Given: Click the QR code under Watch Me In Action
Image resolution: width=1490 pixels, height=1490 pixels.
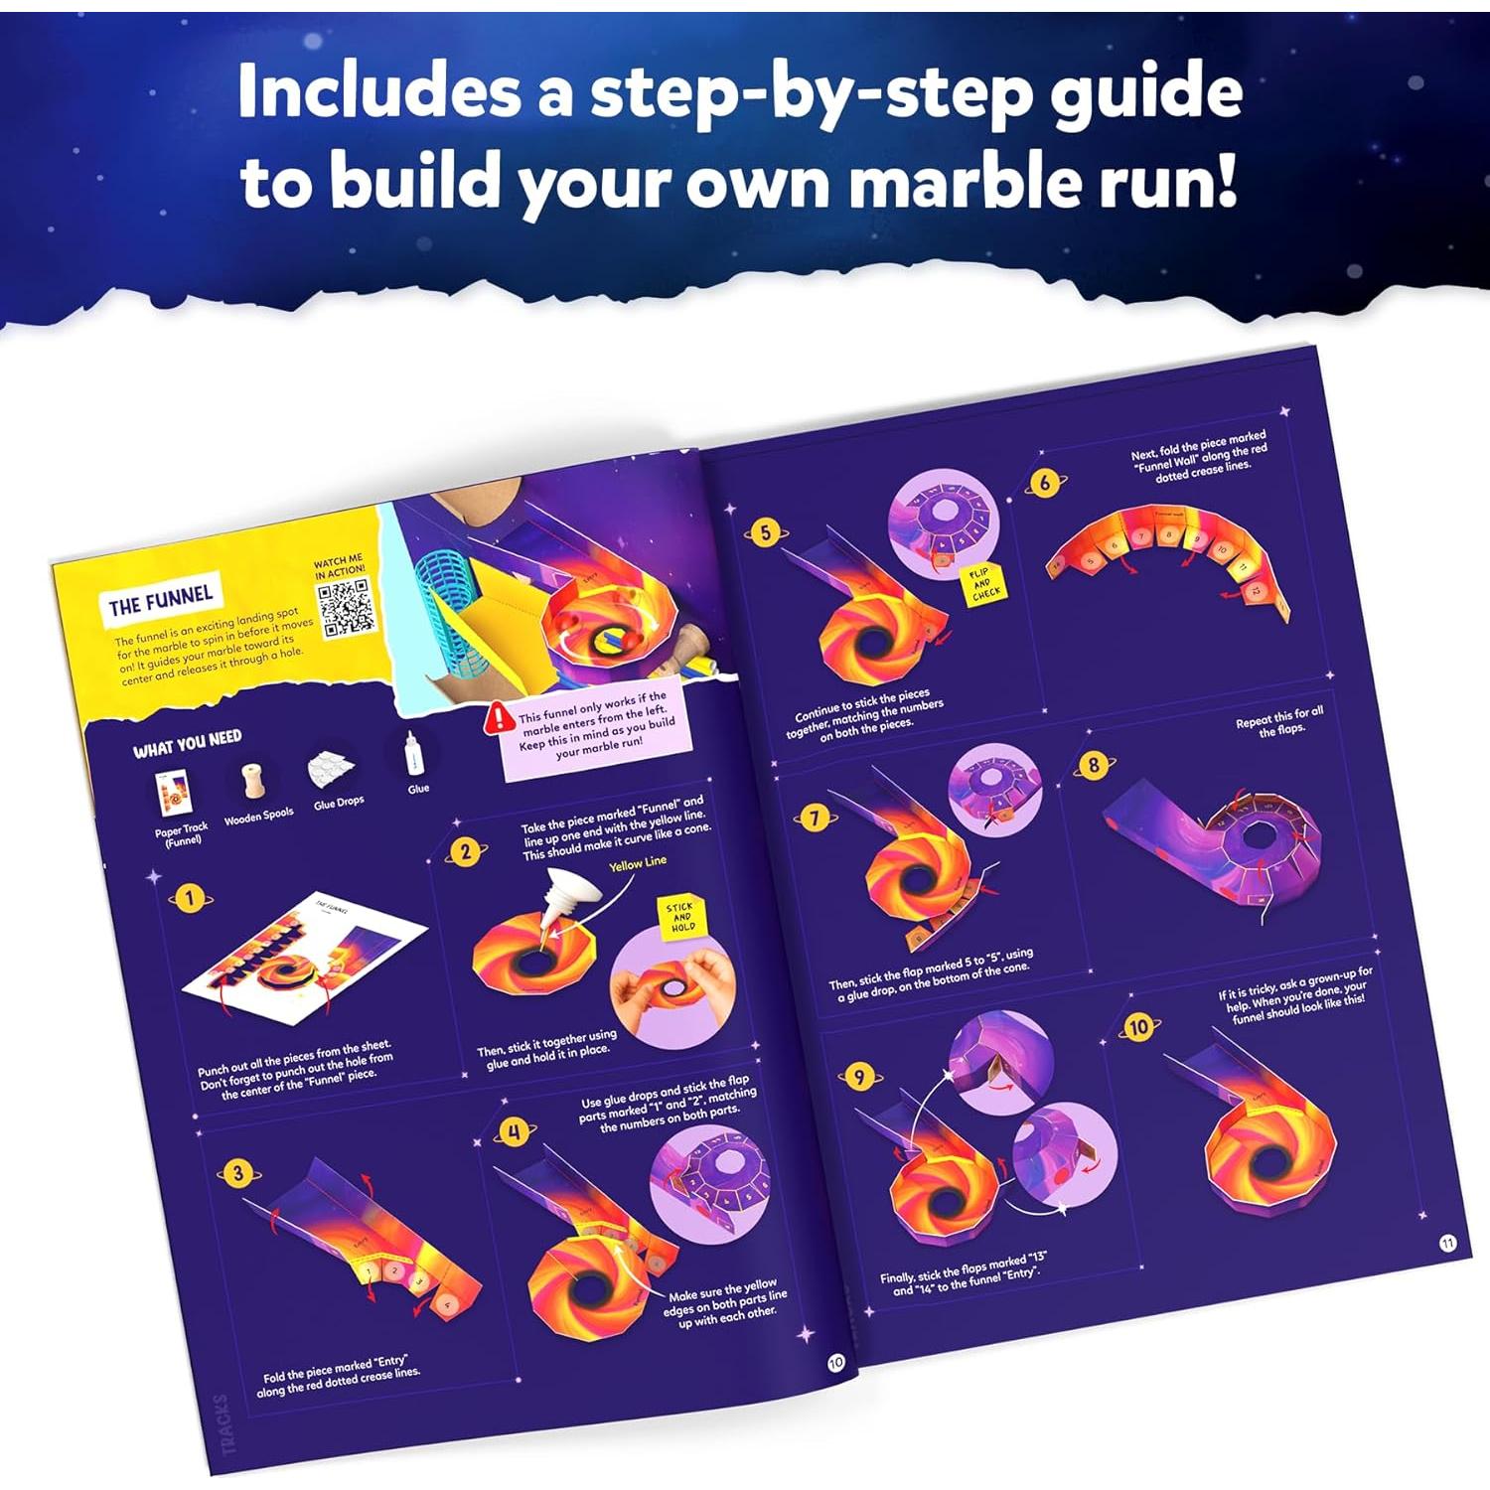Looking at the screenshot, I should coord(346,608).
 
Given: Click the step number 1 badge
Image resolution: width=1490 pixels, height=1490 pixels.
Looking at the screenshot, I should coord(189,899).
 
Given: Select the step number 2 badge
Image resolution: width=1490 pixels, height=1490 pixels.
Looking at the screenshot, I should coord(465,851).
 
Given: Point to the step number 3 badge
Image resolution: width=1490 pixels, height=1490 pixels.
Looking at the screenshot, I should coord(237,1173).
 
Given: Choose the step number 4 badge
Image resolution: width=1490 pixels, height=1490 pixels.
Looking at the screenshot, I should coord(514,1132).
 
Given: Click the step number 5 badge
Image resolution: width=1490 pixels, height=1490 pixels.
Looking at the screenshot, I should coord(765,533).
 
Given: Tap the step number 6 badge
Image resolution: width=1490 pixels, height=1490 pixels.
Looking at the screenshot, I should coord(1044,484).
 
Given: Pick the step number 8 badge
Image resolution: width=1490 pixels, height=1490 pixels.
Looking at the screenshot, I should coord(1094,765).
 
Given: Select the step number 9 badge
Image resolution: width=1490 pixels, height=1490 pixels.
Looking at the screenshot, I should coord(859,1077).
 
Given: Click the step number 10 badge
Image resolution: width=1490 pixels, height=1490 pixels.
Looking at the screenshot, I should coord(1138,1027).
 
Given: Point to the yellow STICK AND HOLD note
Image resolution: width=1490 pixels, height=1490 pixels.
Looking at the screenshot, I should coord(682,917).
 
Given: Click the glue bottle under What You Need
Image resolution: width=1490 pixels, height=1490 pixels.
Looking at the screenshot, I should coord(413,755).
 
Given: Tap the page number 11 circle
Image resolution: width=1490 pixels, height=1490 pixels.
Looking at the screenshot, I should coord(1447,1243).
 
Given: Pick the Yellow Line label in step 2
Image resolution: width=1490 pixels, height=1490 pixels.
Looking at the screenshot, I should coord(637,863).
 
